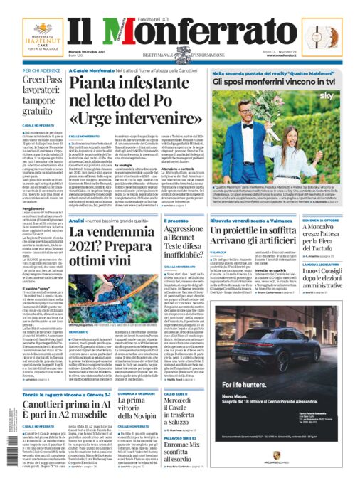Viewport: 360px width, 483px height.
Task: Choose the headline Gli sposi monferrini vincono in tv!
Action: click(x=274, y=83)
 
